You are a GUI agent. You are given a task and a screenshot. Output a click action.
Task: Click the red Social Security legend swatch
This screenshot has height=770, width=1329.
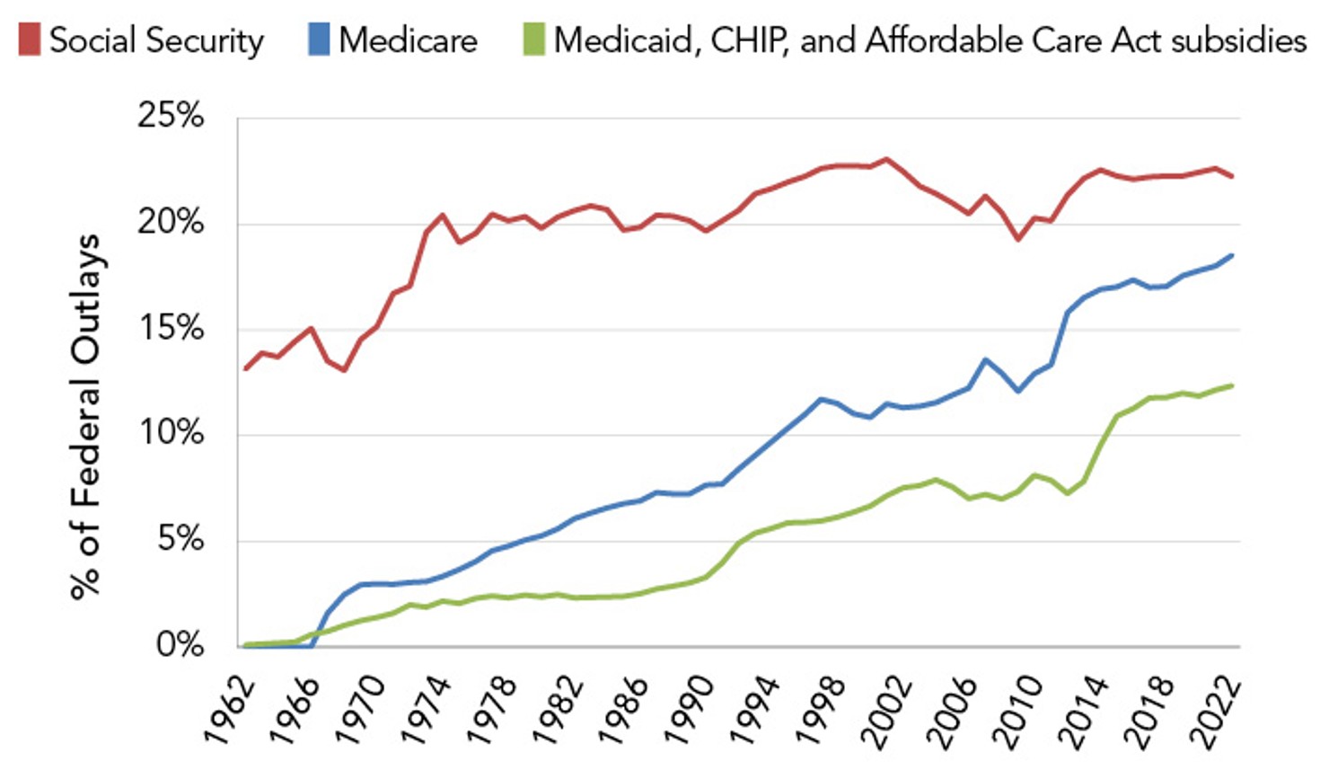(29, 40)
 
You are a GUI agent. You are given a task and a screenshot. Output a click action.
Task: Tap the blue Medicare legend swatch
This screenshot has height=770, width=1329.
(319, 40)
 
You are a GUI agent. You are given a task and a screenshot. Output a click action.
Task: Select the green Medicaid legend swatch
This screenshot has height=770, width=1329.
(533, 40)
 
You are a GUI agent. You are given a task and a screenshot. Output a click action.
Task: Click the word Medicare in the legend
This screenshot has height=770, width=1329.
(408, 40)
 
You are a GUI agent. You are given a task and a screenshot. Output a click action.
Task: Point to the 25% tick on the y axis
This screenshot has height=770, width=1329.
(171, 115)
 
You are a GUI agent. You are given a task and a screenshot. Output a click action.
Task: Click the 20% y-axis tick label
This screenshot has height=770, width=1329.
(171, 222)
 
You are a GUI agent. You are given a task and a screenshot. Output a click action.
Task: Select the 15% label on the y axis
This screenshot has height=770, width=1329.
(171, 328)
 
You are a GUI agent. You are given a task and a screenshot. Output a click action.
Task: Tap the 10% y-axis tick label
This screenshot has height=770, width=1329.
(171, 433)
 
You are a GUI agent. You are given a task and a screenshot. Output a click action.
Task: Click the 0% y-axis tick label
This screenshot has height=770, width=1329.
(180, 645)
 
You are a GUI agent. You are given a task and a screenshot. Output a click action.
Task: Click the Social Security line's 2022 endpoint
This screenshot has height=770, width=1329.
(1233, 176)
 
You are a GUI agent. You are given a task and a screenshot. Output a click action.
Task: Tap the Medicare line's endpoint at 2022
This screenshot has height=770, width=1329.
(1233, 255)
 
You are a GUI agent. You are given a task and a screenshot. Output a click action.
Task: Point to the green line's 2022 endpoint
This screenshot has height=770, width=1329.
(1233, 385)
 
